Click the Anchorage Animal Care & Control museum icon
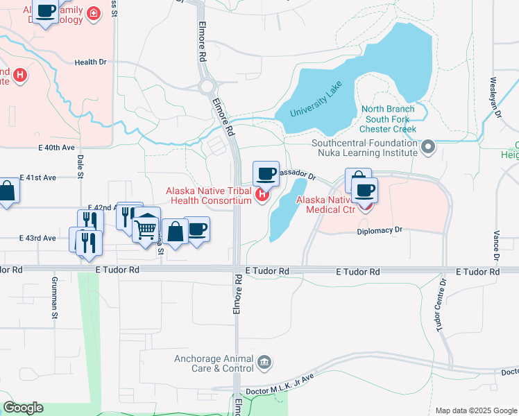coord(264,362)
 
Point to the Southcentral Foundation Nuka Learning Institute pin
coord(428,146)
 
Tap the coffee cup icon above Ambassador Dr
coord(266,173)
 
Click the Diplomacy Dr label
coord(380,230)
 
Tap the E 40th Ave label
coord(56,148)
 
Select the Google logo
coord(23,408)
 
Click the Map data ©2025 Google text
coord(475,410)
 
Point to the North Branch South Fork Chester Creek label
coord(389,119)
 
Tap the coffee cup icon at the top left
coord(46,12)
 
